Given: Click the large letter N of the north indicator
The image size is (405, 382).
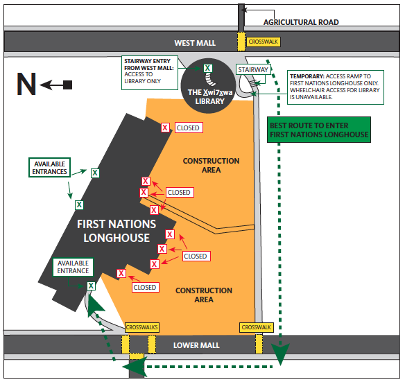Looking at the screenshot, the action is tap(26, 84).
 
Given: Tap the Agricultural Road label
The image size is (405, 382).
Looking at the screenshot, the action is tap(301, 22).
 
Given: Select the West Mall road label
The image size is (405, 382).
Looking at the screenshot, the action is tap(195, 43).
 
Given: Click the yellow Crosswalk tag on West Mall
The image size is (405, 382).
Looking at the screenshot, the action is tap(264, 42).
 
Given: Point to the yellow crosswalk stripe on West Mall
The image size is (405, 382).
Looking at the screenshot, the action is tap(241, 42).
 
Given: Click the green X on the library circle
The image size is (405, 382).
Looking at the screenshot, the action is tap(207, 68).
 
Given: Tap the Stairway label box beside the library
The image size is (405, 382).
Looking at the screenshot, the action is tap(253, 70).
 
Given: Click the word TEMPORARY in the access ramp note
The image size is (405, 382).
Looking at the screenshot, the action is tap(307, 76).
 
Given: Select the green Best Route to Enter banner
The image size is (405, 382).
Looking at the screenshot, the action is tap(319, 130).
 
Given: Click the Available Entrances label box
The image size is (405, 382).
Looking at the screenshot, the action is tap(49, 168).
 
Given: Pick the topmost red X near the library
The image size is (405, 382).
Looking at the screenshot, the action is tap(165, 128).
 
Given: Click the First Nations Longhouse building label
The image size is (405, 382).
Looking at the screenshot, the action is tap(117, 231).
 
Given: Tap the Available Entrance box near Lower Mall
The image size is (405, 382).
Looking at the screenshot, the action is tap(73, 267).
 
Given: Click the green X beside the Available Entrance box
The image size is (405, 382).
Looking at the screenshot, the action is tap(91, 286).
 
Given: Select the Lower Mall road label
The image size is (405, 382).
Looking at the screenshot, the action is tap(196, 345).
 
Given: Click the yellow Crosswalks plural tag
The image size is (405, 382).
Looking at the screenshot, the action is tap(141, 327).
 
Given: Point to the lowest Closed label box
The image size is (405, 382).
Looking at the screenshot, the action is tap(145, 287).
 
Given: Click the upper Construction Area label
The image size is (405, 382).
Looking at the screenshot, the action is tap(211, 165).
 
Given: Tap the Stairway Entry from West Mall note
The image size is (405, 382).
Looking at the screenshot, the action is tap(150, 73).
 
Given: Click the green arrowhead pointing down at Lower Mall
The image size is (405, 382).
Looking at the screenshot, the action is tap(280, 354).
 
